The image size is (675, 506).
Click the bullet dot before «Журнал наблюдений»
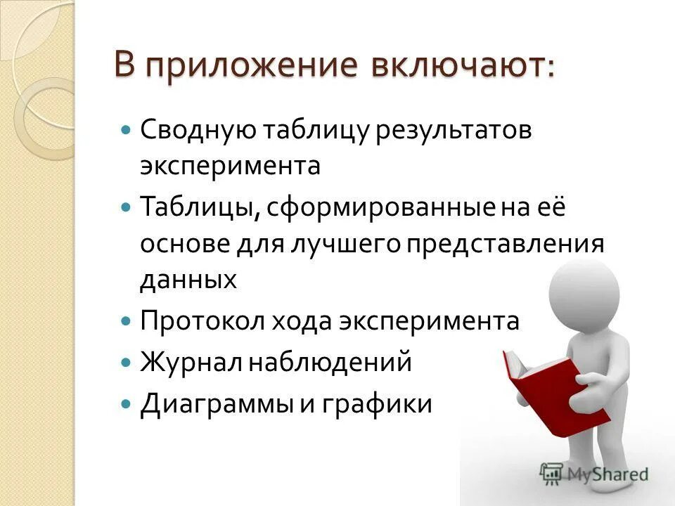[x=126, y=363]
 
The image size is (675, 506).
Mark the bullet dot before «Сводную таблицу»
[x=126, y=130]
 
